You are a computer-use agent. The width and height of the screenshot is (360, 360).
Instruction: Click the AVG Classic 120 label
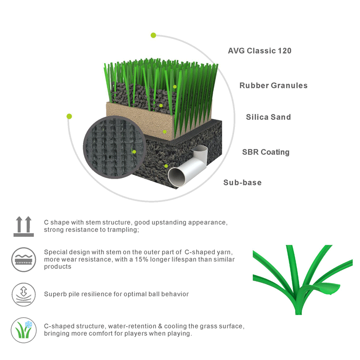(260, 51)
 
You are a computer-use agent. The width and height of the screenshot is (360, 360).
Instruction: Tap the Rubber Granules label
(274, 85)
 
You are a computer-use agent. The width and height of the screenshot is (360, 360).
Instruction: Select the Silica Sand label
(268, 117)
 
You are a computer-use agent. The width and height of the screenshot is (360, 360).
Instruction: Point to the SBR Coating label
(266, 152)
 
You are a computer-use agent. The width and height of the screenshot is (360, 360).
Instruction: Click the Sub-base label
(243, 183)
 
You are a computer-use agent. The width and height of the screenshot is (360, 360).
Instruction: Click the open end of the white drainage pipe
(176, 177)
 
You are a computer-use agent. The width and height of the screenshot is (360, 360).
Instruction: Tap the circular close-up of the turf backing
(114, 148)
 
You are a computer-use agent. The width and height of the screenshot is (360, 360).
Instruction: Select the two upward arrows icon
(24, 226)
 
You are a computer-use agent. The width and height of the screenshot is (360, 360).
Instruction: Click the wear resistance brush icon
(24, 260)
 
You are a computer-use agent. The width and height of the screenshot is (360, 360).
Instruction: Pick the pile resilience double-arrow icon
(24, 294)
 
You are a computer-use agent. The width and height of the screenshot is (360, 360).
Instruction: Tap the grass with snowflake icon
(24, 330)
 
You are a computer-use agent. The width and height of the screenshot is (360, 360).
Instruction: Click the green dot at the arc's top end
(153, 36)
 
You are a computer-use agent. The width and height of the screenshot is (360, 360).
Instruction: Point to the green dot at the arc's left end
(69, 117)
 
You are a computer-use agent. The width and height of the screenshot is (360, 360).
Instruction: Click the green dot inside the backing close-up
(134, 152)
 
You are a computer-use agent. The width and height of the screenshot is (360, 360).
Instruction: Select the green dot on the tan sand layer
(165, 132)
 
